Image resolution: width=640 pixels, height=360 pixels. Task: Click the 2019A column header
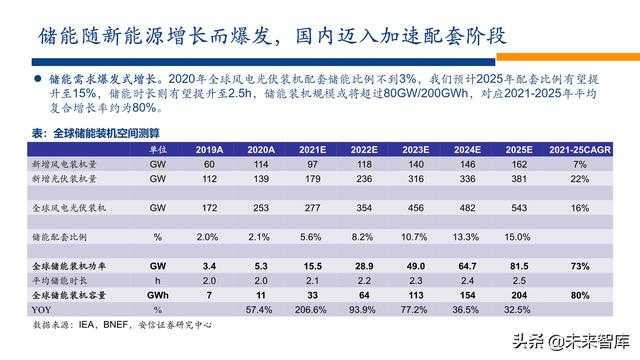tap(210, 149)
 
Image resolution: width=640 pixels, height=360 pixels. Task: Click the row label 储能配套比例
tap(65, 237)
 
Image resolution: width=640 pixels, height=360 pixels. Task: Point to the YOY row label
tap(43, 311)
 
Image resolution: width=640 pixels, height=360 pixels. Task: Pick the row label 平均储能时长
tap(64, 282)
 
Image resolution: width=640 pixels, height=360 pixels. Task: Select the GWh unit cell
tap(156, 297)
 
